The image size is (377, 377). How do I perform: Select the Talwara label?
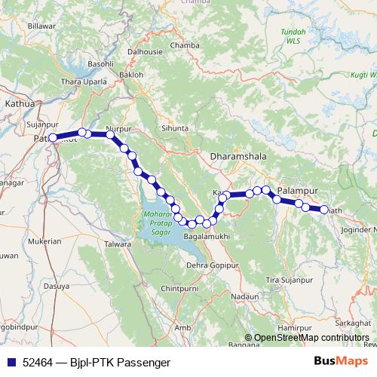pyautogui.click(x=118, y=244)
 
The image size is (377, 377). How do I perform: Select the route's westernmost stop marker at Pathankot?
pyautogui.click(x=53, y=137)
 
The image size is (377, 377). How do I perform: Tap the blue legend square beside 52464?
pyautogui.click(x=12, y=363)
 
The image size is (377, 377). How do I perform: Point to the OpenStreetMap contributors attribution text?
pyautogui.click(x=311, y=337)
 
